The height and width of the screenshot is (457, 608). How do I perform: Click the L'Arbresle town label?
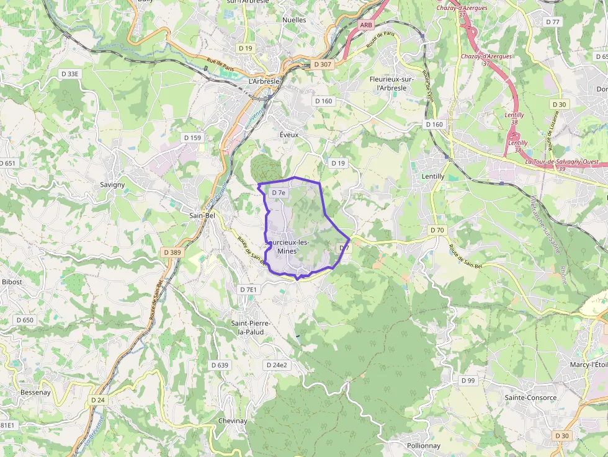point(264,81)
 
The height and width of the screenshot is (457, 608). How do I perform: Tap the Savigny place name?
point(112,185)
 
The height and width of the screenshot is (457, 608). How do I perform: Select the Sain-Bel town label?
point(202,215)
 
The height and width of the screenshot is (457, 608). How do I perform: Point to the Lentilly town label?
point(432,177)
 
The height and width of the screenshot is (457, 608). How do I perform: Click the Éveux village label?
point(289,135)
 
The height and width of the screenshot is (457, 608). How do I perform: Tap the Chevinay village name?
point(233,421)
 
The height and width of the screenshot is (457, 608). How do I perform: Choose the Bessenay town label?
point(35,393)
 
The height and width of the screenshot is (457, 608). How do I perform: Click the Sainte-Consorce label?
point(530,397)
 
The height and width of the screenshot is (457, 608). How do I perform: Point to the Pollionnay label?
point(423,446)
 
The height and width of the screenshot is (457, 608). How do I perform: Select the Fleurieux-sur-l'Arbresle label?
point(391,84)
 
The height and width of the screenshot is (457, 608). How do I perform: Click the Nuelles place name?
point(294,20)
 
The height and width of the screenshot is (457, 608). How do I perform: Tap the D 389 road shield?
point(173,252)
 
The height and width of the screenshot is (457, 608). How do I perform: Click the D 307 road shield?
point(323,64)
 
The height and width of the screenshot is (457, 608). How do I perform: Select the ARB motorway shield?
point(366,25)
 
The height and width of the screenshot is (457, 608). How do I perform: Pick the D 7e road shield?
point(279,193)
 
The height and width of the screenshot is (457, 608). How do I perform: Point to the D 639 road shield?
point(220,365)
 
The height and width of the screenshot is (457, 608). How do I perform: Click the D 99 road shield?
point(468,380)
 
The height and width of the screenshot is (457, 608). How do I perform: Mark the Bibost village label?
point(12,282)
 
